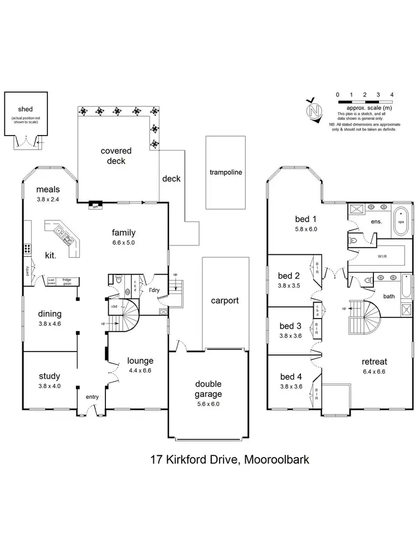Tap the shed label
24,110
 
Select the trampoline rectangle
226,172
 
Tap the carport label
225,300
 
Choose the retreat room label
373,360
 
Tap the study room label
49,376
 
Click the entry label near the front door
92,397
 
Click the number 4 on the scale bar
392,95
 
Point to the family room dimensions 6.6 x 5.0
123,243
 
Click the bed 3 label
289,326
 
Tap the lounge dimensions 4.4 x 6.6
140,370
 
